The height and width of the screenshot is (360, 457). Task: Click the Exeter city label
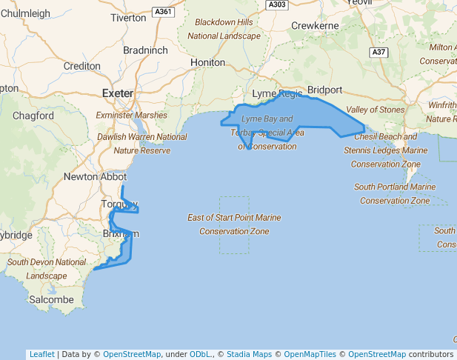117,93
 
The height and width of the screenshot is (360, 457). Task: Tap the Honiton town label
207,63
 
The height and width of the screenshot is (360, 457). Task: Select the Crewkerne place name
315,26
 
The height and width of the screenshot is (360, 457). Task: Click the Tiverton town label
128,18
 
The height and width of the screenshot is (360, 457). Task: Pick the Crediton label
82,66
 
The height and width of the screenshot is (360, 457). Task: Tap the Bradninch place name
145,50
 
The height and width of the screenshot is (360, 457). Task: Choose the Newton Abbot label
95,177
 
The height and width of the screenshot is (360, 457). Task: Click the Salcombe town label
51,300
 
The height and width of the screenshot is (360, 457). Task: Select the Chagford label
33,116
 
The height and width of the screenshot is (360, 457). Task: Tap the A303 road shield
277,4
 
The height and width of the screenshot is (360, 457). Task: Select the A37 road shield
379,52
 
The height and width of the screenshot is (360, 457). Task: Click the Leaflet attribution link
41,354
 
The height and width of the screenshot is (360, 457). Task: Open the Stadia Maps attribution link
249,354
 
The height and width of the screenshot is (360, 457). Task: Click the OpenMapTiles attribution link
311,354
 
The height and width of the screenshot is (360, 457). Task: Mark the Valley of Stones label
376,110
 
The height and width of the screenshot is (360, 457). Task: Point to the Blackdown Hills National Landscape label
224,29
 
